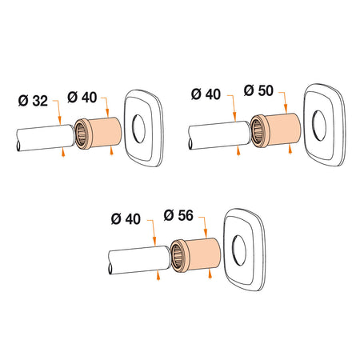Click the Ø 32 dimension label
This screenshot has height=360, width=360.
(x=33, y=101)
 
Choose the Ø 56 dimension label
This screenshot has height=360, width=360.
(x=180, y=214)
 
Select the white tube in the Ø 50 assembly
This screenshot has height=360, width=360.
(x=214, y=130)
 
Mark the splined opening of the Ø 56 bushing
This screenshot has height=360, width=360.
(x=178, y=257)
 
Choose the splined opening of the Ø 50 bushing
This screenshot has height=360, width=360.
(x=259, y=130)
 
